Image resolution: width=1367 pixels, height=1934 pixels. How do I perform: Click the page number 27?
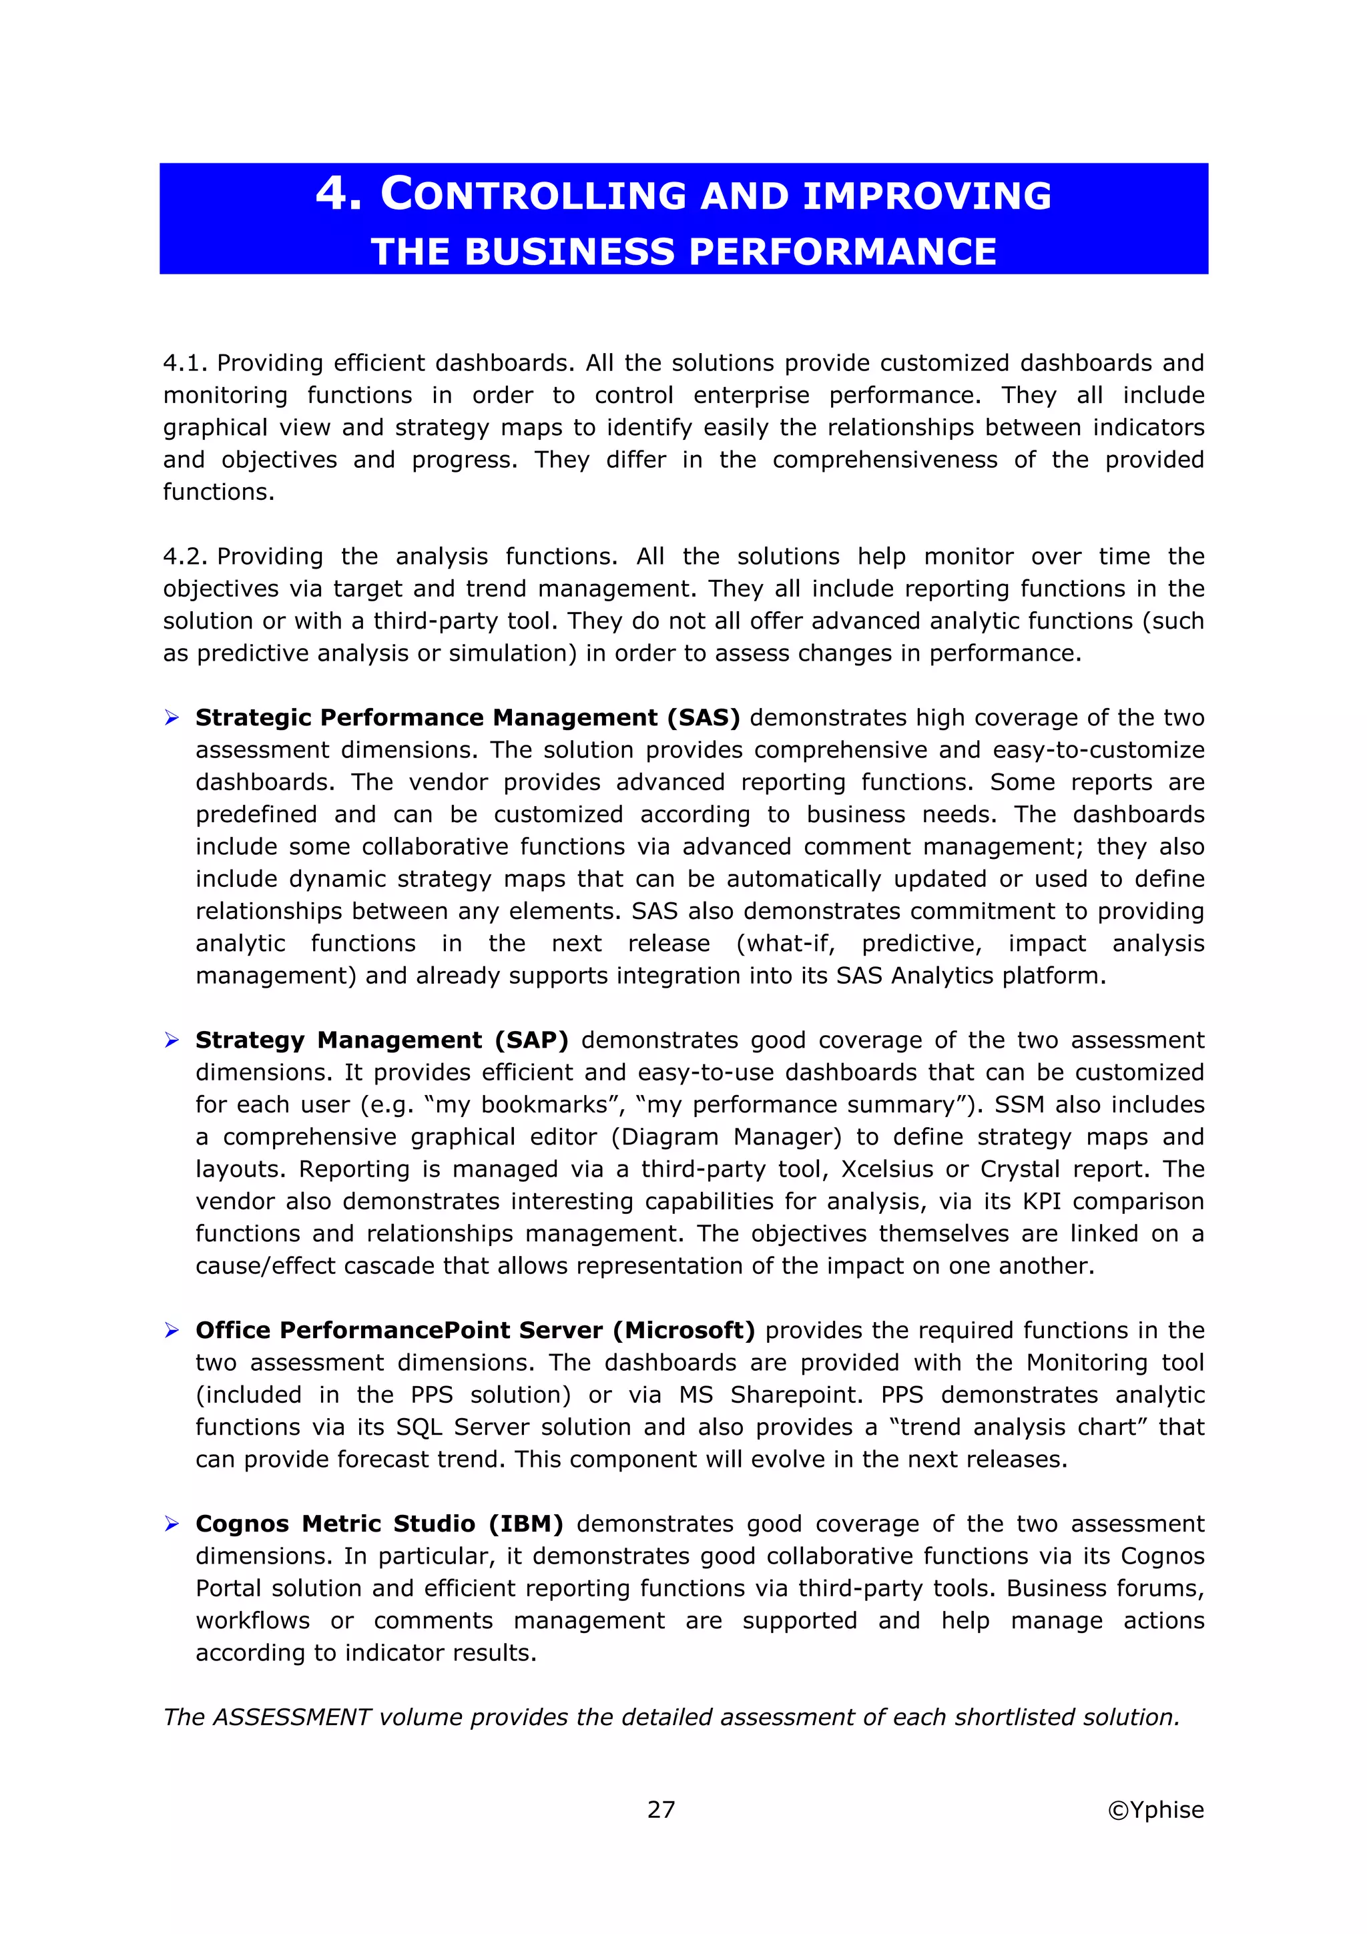[x=661, y=1809]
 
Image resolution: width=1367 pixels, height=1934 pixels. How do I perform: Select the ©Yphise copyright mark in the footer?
[x=1155, y=1809]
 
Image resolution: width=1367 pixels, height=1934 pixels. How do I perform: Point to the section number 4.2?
[x=186, y=557]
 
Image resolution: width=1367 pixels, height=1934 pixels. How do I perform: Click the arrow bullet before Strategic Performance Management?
[x=172, y=717]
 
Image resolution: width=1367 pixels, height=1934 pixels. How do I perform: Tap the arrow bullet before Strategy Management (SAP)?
[x=172, y=1040]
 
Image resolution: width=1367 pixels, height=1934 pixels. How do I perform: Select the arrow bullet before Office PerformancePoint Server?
[x=172, y=1330]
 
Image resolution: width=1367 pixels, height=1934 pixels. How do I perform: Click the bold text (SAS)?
[x=704, y=717]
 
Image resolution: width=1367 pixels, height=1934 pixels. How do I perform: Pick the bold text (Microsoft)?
[x=684, y=1330]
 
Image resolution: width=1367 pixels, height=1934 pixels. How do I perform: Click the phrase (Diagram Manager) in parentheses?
[x=726, y=1137]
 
